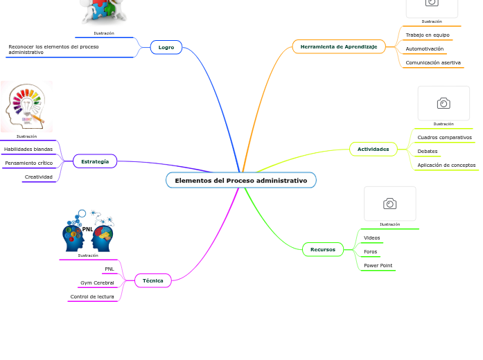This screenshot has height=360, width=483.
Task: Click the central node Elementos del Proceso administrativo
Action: click(240, 181)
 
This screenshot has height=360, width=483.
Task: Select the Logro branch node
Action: click(166, 47)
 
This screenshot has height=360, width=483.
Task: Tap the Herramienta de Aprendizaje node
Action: click(338, 47)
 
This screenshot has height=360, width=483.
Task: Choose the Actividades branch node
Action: click(373, 149)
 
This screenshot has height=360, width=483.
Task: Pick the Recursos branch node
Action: click(322, 249)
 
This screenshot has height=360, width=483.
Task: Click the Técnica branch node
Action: click(152, 280)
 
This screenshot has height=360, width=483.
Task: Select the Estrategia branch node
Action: click(95, 161)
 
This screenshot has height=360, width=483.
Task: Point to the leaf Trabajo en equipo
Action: click(427, 35)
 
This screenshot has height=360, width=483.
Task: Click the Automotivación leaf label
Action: click(424, 48)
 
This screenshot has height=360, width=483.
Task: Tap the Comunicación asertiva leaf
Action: click(432, 62)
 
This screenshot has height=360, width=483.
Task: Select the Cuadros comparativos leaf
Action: click(444, 137)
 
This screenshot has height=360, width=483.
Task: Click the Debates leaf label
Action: click(427, 151)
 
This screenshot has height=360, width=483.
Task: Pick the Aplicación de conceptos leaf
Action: click(446, 165)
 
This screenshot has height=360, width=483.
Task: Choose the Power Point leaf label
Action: click(378, 265)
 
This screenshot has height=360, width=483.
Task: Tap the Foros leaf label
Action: click(370, 251)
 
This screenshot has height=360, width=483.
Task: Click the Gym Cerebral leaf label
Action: click(97, 282)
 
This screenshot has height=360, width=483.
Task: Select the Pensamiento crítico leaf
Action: click(28, 163)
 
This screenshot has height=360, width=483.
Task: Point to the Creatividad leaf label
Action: click(38, 177)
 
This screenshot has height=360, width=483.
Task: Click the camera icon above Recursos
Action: click(389, 204)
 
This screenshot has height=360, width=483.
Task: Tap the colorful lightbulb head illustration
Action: click(26, 106)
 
